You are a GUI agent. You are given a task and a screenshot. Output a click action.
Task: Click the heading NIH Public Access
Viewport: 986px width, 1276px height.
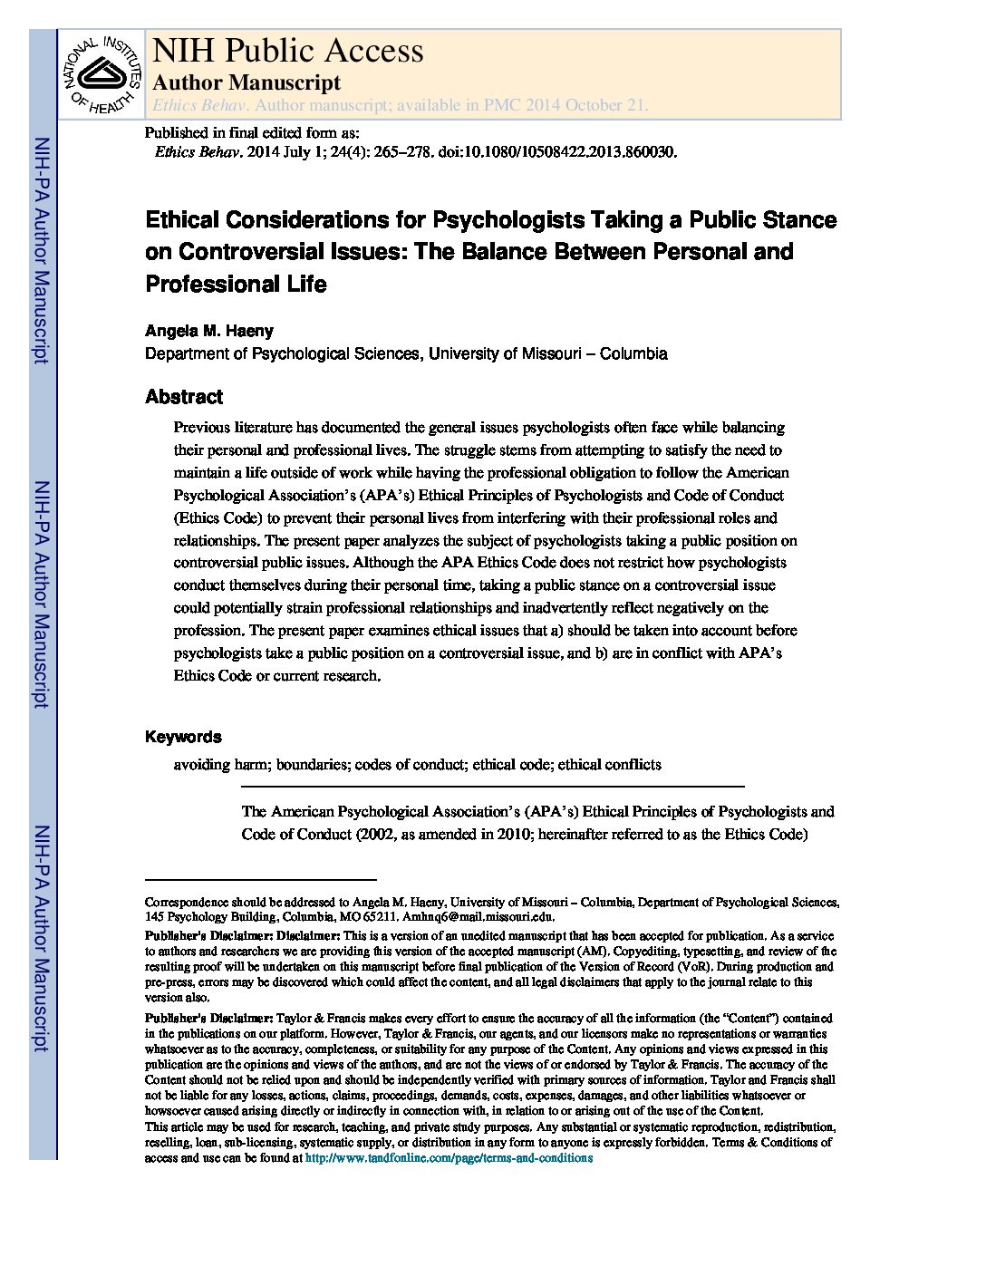point(287,50)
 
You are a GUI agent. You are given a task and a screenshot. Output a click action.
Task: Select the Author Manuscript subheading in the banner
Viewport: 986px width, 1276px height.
point(246,82)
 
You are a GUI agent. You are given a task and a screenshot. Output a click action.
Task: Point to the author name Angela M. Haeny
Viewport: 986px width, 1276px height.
point(209,331)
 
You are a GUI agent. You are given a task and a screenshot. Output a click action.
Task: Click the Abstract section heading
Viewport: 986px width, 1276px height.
point(184,397)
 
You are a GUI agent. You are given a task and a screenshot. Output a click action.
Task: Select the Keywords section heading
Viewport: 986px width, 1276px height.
point(183,737)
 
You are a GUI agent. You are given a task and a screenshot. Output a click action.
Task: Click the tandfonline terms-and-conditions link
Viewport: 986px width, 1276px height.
point(449,1157)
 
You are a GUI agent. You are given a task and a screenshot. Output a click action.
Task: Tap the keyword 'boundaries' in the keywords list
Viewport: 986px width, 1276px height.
point(313,764)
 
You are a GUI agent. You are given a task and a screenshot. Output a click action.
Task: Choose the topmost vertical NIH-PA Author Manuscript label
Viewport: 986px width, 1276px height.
point(41,251)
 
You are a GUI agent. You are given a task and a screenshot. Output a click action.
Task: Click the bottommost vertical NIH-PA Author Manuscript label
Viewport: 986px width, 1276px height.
point(41,938)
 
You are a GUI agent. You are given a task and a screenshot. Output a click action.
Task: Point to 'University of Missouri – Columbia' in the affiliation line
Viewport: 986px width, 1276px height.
point(547,353)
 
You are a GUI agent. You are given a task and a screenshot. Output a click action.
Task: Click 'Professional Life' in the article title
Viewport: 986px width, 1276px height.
point(236,284)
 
